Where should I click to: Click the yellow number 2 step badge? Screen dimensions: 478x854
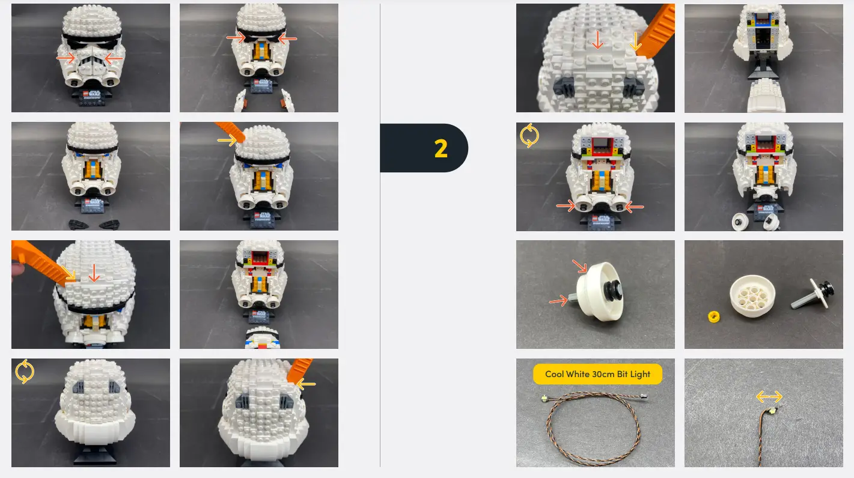(441, 148)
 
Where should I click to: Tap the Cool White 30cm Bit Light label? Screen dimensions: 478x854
(597, 374)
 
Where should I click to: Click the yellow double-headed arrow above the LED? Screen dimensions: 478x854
(769, 396)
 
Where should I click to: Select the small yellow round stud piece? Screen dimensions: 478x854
(714, 316)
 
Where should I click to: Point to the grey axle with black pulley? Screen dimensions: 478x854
(811, 294)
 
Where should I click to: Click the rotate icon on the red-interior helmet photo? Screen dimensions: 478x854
(529, 136)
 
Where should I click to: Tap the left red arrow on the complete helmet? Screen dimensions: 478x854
(66, 58)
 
